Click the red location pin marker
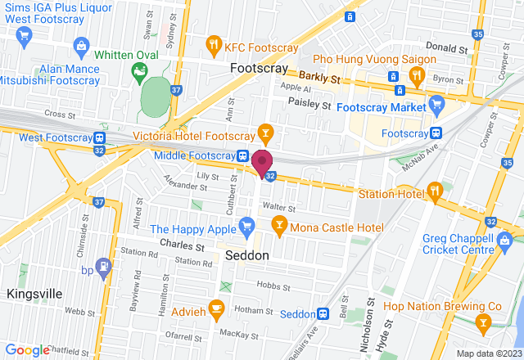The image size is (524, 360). point(263,162)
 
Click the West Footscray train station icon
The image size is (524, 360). point(98,138)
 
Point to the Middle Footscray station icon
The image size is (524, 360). point(243,156)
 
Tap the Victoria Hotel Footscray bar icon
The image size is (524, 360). point(265,132)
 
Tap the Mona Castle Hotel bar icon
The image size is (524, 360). point(279,226)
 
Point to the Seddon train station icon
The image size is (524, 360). point(323,313)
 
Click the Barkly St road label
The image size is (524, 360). point(319,78)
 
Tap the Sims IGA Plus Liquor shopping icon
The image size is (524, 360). point(24,35)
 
